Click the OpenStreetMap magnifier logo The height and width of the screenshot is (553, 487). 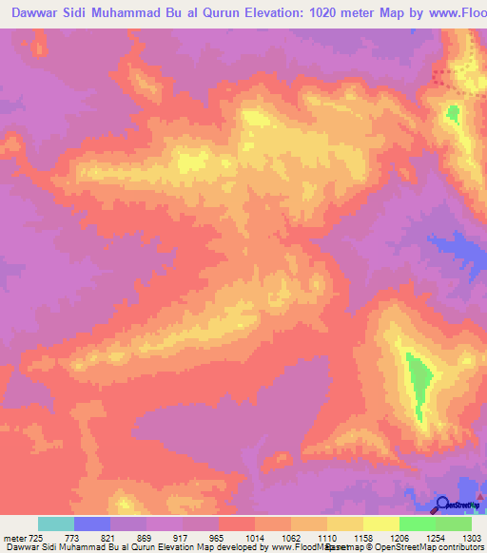pos(442,504)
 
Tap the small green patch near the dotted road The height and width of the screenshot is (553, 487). pos(453,115)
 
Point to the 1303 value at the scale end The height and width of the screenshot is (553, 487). pos(472,539)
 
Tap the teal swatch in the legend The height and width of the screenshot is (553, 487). pos(56,524)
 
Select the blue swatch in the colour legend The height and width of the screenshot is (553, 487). pos(92,524)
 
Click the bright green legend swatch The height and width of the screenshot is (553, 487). pos(417,524)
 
